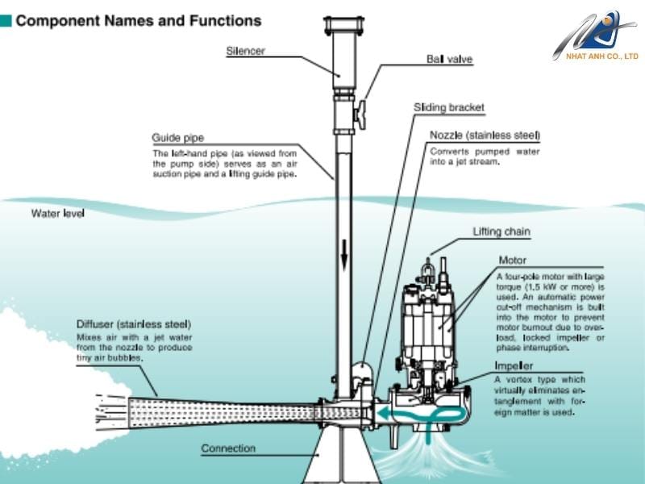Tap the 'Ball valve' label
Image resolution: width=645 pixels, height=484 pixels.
(x=449, y=60)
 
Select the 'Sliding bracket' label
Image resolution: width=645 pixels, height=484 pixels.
(x=449, y=107)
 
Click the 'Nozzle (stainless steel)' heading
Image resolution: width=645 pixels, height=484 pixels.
(x=485, y=135)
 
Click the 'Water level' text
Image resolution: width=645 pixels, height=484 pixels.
(x=57, y=214)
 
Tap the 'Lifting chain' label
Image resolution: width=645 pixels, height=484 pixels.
(x=501, y=232)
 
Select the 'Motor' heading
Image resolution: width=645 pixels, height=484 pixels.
(x=513, y=261)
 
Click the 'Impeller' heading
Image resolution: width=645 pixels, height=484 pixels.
(x=514, y=365)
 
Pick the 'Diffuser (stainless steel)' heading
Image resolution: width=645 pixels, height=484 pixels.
(x=134, y=323)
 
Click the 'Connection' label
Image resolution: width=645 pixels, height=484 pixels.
(x=228, y=449)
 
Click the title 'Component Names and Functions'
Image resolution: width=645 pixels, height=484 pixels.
(x=138, y=21)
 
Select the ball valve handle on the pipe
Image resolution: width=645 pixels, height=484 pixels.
(x=359, y=113)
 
